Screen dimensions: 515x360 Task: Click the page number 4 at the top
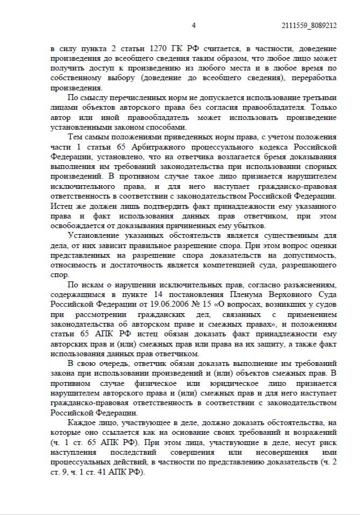[194, 25]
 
